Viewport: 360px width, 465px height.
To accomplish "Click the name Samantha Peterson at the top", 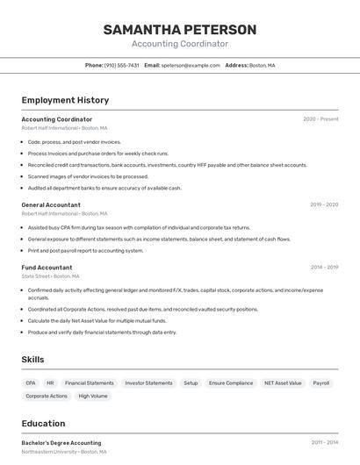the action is point(180,30).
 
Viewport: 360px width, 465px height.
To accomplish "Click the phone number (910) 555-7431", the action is point(122,65).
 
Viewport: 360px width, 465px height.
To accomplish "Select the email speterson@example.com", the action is point(191,65).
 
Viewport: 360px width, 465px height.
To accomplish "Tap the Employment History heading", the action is point(65,100).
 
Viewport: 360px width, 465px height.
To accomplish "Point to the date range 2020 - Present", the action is point(320,119).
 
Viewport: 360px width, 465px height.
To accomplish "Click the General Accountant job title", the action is point(51,204).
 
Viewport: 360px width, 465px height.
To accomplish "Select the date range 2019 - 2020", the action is point(324,204).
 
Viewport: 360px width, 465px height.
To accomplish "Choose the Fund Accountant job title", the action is point(47,268).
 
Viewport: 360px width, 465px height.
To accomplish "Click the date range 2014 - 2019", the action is point(324,268).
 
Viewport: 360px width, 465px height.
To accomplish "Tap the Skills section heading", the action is point(33,359).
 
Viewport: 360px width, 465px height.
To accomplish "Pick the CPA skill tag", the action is point(31,383).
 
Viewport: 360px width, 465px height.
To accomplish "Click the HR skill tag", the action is point(50,383).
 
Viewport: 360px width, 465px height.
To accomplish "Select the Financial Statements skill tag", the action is point(90,383).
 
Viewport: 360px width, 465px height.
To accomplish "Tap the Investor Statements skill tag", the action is point(148,383).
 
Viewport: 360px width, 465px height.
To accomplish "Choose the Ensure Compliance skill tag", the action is point(231,383).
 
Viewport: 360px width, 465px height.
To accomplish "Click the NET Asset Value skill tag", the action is point(283,383).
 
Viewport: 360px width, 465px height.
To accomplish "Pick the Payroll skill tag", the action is point(321,383).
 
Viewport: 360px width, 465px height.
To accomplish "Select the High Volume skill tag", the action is point(93,396).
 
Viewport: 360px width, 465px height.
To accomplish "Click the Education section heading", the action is point(43,423).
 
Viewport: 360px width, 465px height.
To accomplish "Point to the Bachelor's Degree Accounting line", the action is point(61,443).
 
